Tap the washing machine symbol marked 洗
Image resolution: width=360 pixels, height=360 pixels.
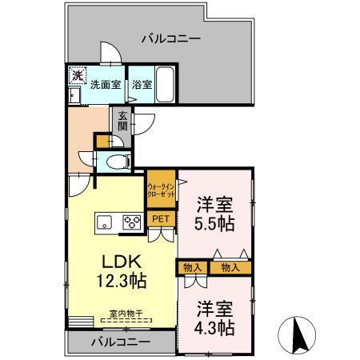(77, 76)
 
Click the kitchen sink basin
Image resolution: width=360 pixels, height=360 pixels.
(105, 222)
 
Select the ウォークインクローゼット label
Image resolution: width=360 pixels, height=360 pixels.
(161, 190)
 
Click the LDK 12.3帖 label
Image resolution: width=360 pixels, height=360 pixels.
(121, 271)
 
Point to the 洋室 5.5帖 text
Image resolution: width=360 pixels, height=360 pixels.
(215, 214)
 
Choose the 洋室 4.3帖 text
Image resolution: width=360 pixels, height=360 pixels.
(215, 318)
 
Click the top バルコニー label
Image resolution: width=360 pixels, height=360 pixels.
(170, 38)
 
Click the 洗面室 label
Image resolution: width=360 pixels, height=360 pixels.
(105, 83)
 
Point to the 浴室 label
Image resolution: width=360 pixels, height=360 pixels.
(142, 83)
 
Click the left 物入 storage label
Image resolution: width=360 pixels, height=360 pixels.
(192, 266)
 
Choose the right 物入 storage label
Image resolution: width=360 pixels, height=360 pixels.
(230, 266)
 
